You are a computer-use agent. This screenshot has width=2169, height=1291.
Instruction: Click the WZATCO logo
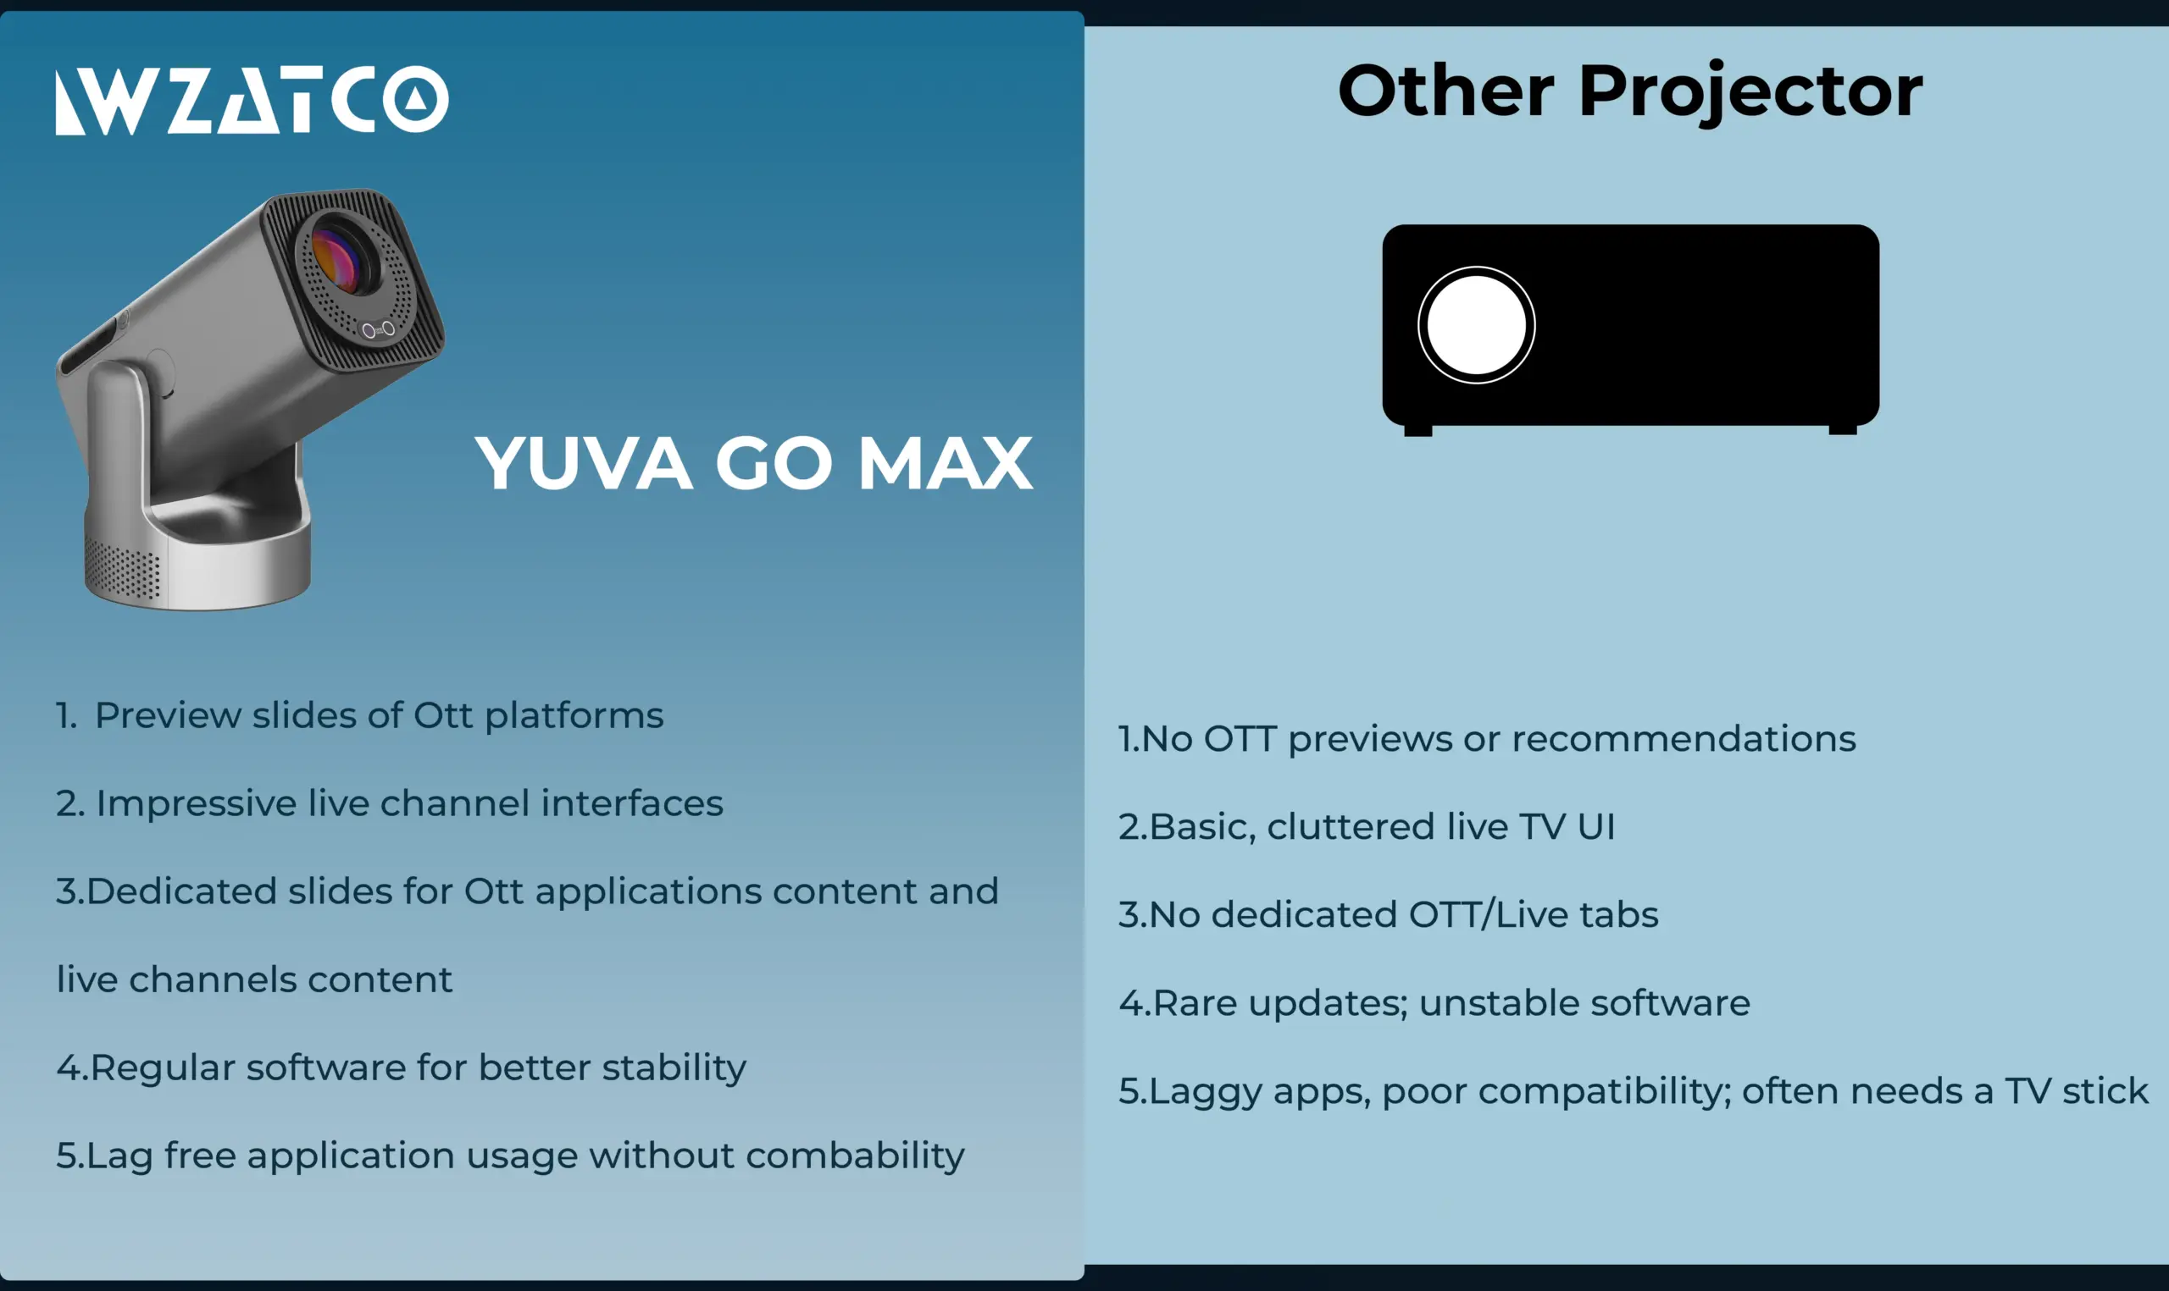pos(252,99)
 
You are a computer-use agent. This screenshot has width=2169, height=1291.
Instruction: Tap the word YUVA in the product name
pos(584,463)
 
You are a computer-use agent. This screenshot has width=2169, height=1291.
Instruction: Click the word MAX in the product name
pos(946,463)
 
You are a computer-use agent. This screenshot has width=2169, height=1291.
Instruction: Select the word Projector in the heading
pos(1750,94)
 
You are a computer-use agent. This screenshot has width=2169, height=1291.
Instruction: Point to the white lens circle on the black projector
pos(1476,325)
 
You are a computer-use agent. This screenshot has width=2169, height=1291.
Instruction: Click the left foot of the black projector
pos(1417,430)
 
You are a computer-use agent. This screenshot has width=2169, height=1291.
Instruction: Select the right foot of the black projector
pos(1843,429)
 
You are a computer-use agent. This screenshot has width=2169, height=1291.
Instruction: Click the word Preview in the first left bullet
pos(168,715)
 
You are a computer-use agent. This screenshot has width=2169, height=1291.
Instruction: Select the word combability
pos(855,1156)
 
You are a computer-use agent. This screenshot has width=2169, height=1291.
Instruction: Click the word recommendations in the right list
pos(1684,738)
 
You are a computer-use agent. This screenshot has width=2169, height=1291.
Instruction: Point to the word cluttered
pos(1350,826)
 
